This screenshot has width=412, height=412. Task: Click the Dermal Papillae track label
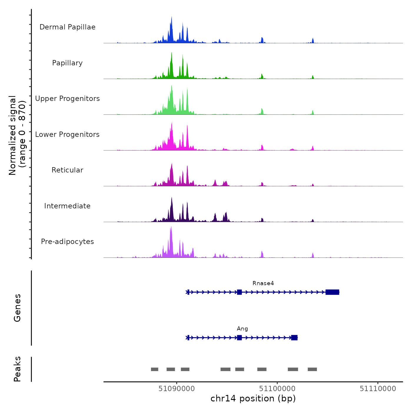(x=67, y=27)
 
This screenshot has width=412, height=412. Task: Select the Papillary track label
(x=67, y=63)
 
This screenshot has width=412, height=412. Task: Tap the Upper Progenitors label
(x=67, y=99)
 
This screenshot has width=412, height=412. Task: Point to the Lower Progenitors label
(x=67, y=134)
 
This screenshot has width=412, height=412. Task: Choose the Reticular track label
(x=67, y=170)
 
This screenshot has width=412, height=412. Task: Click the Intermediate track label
(x=67, y=206)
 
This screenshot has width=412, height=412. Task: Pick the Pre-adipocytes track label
(x=67, y=242)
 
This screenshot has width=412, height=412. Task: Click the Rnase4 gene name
(x=263, y=283)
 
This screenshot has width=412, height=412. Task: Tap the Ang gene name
(x=242, y=329)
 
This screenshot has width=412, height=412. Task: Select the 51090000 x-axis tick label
(x=177, y=389)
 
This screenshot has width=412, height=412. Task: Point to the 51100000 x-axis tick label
(x=277, y=389)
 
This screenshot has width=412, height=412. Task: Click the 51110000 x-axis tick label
(x=378, y=389)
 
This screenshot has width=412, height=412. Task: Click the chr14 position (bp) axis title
(x=253, y=398)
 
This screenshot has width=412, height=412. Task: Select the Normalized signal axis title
(x=17, y=135)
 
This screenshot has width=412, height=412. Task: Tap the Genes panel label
(x=17, y=308)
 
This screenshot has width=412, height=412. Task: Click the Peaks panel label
(x=17, y=369)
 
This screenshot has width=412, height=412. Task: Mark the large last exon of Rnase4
(x=332, y=292)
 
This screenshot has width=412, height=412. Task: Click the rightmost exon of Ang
(x=294, y=338)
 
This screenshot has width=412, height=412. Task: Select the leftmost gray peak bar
(x=154, y=369)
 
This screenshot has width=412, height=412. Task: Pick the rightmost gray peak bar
(x=312, y=369)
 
